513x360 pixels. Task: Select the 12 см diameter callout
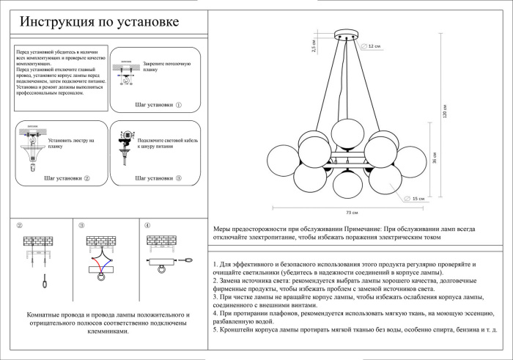(x=374, y=46)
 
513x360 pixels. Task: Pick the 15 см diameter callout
(x=418, y=199)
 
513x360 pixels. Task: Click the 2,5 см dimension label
(x=314, y=45)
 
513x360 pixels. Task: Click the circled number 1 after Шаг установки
(x=178, y=106)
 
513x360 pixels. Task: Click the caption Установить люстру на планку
(x=71, y=142)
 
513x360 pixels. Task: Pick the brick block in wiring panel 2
(x=37, y=241)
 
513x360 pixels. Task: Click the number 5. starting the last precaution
(x=215, y=330)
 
